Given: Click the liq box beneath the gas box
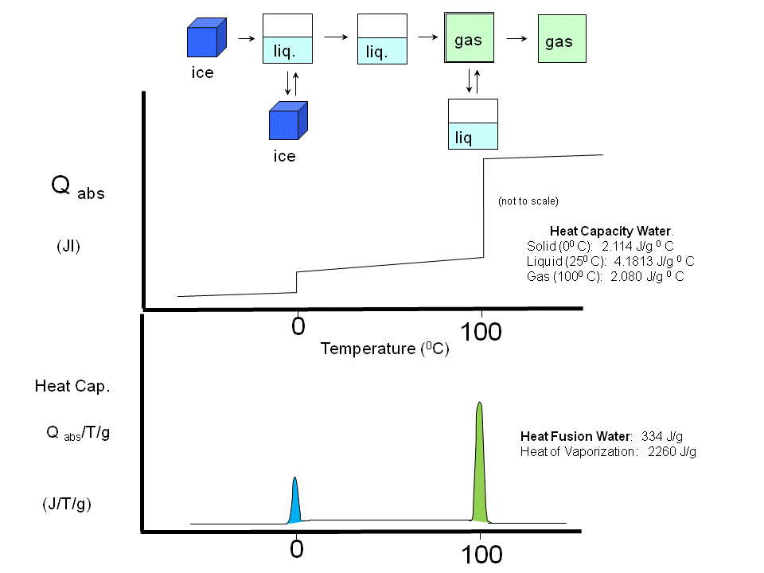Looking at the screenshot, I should pyautogui.click(x=473, y=124).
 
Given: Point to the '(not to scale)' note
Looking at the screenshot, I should pyautogui.click(x=528, y=201).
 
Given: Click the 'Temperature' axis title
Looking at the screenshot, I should pyautogui.click(x=368, y=349).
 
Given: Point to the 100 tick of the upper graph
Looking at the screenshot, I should pyautogui.click(x=481, y=332).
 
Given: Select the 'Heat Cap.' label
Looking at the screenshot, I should pyautogui.click(x=72, y=387).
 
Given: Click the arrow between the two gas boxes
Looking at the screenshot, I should pyautogui.click(x=516, y=37).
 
